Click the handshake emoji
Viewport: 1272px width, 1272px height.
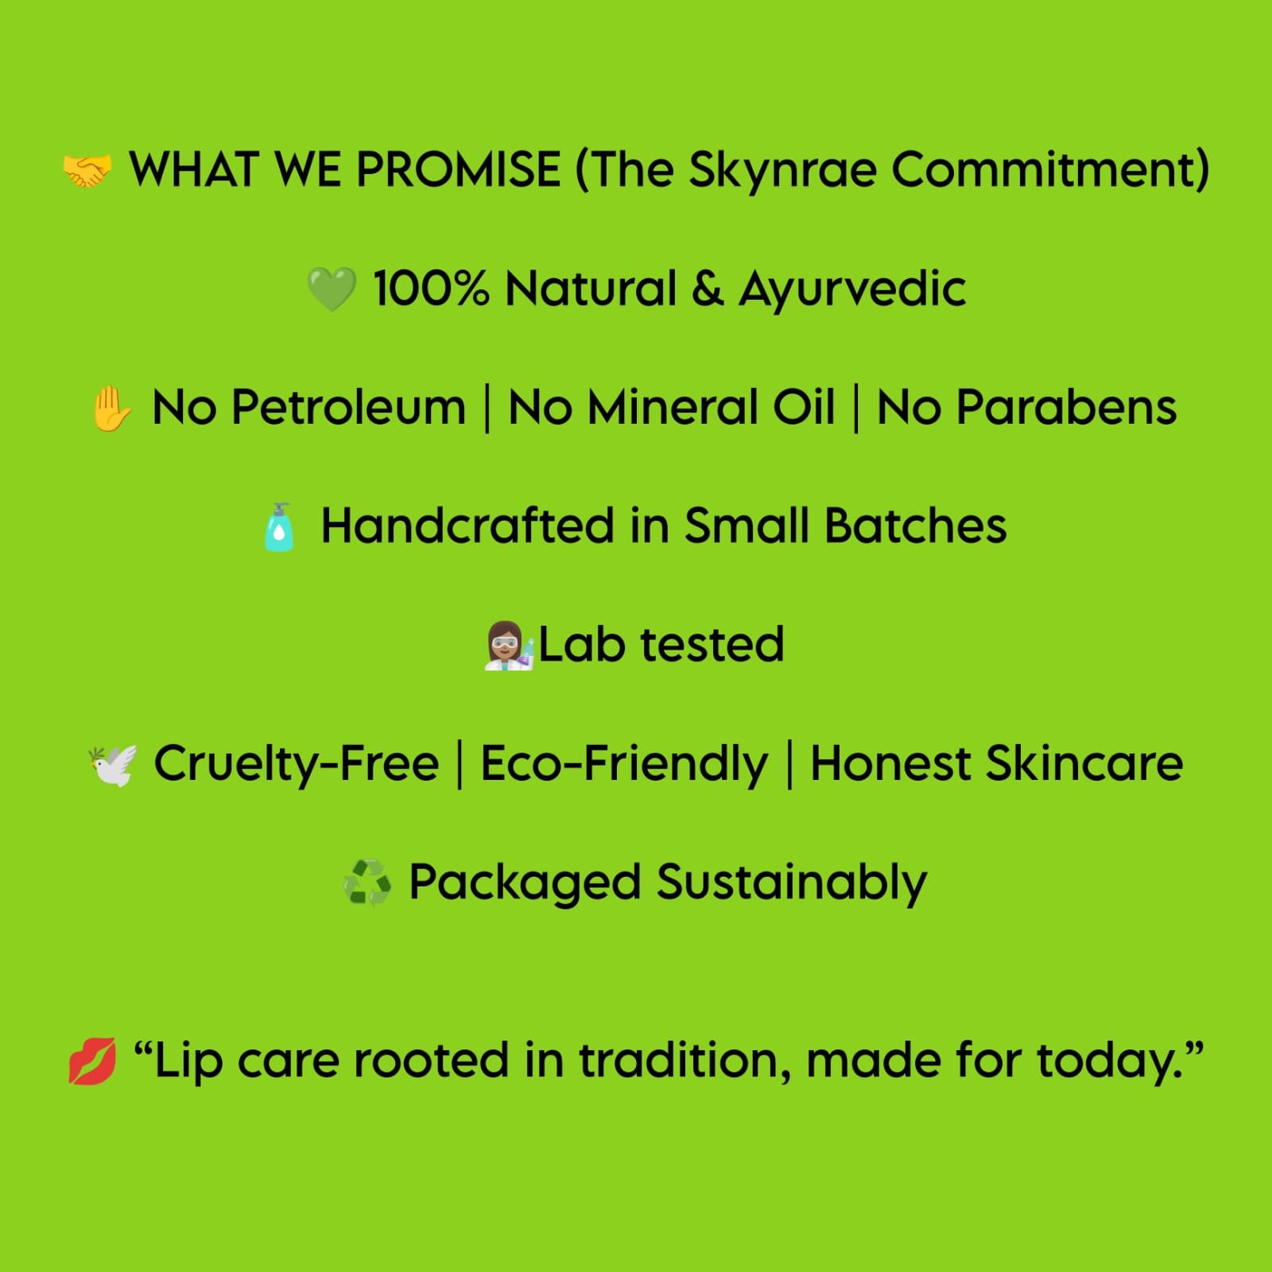[87, 171]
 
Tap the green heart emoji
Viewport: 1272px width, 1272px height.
[332, 289]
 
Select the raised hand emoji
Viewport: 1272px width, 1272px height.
[111, 408]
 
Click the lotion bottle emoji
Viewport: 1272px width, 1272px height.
[279, 527]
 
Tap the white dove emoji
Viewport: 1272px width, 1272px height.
[113, 765]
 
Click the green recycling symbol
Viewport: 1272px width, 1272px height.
[366, 883]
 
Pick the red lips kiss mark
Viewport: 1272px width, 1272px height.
[92, 1061]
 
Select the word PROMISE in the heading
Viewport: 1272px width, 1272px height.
[457, 169]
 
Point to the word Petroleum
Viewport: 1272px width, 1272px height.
[348, 407]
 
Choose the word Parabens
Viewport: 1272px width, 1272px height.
[1066, 407]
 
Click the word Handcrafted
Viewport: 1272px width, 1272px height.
[467, 525]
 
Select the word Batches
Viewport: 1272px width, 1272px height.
[915, 525]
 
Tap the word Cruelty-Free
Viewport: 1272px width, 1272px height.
[296, 764]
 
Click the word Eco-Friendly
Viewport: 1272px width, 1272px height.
[624, 764]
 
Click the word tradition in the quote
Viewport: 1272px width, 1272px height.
[684, 1061]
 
